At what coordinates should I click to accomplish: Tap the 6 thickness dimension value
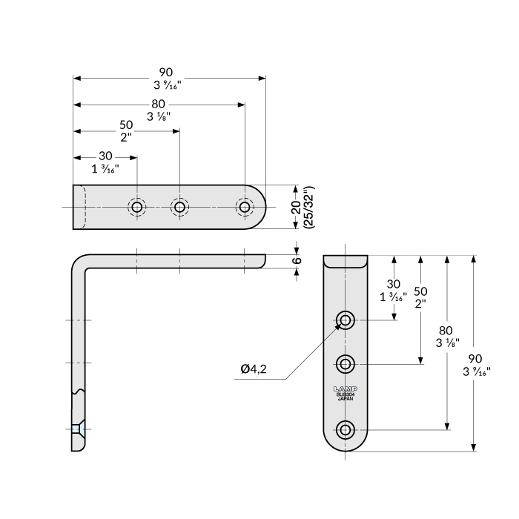pyautogui.click(x=297, y=260)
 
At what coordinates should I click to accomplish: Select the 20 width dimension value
pyautogui.click(x=296, y=207)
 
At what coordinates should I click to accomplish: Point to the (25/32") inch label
pyautogui.click(x=309, y=207)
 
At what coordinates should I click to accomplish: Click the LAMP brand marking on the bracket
pyautogui.click(x=345, y=389)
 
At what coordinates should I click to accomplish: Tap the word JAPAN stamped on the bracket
pyautogui.click(x=345, y=399)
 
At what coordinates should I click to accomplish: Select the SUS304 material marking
pyautogui.click(x=345, y=394)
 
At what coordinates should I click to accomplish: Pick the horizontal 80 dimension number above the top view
pyautogui.click(x=158, y=103)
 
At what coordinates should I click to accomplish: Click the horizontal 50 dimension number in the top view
pyautogui.click(x=126, y=125)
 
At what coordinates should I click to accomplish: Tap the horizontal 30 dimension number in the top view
pyautogui.click(x=105, y=156)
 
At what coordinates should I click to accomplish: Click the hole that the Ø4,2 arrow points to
pyautogui.click(x=345, y=320)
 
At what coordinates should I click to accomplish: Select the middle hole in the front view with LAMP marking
pyautogui.click(x=345, y=363)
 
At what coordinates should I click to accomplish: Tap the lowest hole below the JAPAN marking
pyautogui.click(x=345, y=429)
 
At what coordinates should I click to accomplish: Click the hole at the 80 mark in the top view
pyautogui.click(x=245, y=207)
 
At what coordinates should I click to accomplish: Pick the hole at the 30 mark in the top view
pyautogui.click(x=137, y=207)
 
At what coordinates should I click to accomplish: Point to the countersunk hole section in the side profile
pyautogui.click(x=79, y=429)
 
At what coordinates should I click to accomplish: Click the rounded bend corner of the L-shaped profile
pyautogui.click(x=80, y=262)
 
